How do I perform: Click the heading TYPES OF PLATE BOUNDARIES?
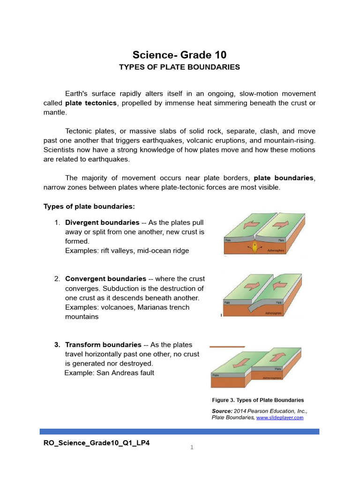click(180, 67)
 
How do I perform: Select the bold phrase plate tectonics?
click(91, 103)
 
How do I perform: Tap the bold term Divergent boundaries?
click(102, 222)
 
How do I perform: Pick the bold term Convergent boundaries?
click(105, 279)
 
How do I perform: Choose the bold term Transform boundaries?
click(103, 345)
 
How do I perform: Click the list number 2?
click(56, 279)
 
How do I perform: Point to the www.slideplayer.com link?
click(280, 417)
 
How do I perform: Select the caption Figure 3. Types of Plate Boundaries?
click(258, 400)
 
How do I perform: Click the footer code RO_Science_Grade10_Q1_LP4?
click(97, 443)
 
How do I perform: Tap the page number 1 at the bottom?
click(192, 448)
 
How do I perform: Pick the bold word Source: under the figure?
click(222, 411)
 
